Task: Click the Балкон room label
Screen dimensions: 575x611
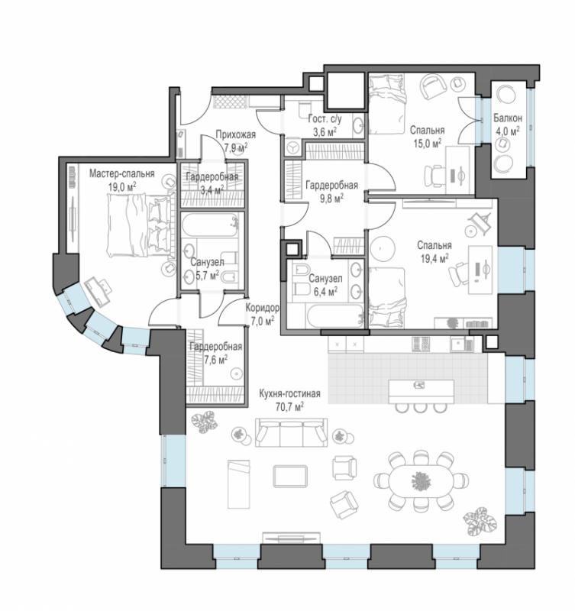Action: coord(508,118)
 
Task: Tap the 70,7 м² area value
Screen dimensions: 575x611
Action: coord(290,407)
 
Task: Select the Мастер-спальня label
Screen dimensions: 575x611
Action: coord(122,174)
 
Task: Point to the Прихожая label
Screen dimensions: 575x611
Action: coord(236,135)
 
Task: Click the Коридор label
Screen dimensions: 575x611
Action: coord(262,309)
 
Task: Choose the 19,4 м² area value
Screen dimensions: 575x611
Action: coord(434,258)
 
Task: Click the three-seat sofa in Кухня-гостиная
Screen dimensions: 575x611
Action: coord(291,432)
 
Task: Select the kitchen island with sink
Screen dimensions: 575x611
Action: coord(421,391)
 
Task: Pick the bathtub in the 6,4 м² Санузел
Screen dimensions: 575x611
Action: coord(335,315)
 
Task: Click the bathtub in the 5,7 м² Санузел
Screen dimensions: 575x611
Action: coord(209,225)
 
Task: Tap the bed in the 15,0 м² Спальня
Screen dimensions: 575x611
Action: coord(387,105)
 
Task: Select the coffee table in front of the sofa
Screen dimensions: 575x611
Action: coord(290,476)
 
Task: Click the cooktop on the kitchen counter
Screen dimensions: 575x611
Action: coord(421,344)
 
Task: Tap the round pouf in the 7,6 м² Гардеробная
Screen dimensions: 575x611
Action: coord(236,373)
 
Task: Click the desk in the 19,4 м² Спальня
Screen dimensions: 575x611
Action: coord(480,270)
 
